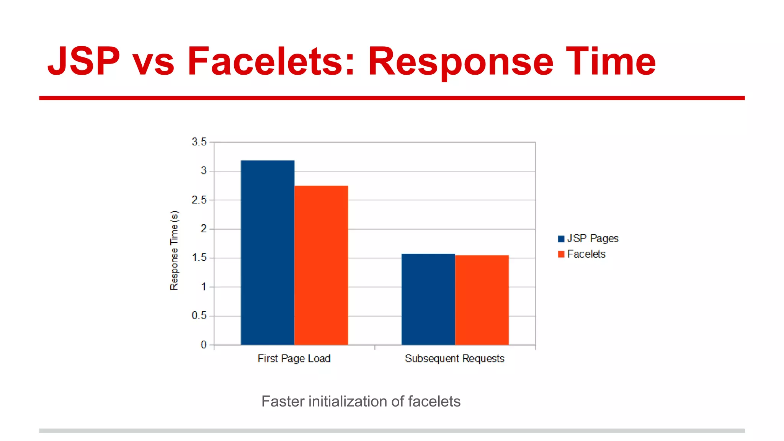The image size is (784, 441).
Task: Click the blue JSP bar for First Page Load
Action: click(x=267, y=253)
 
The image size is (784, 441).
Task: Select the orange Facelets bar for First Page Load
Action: click(x=321, y=265)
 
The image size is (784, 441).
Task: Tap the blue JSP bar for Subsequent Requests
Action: click(x=428, y=299)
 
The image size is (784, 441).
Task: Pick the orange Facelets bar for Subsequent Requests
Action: click(x=482, y=300)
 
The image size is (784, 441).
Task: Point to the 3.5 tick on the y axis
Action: click(x=199, y=142)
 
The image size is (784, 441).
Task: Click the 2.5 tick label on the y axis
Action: click(x=199, y=200)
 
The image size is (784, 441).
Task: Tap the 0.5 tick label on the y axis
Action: click(x=199, y=315)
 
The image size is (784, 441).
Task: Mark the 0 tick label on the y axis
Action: click(x=204, y=345)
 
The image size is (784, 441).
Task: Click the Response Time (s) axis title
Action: click(x=174, y=250)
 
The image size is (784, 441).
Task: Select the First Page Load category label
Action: click(x=294, y=359)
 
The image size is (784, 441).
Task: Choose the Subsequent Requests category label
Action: click(x=454, y=359)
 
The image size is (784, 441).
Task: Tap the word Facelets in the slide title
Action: click(x=271, y=61)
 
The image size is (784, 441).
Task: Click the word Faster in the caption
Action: click(x=283, y=402)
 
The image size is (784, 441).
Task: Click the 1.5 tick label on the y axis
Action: click(x=199, y=258)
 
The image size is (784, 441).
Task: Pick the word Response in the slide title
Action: click(x=461, y=61)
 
